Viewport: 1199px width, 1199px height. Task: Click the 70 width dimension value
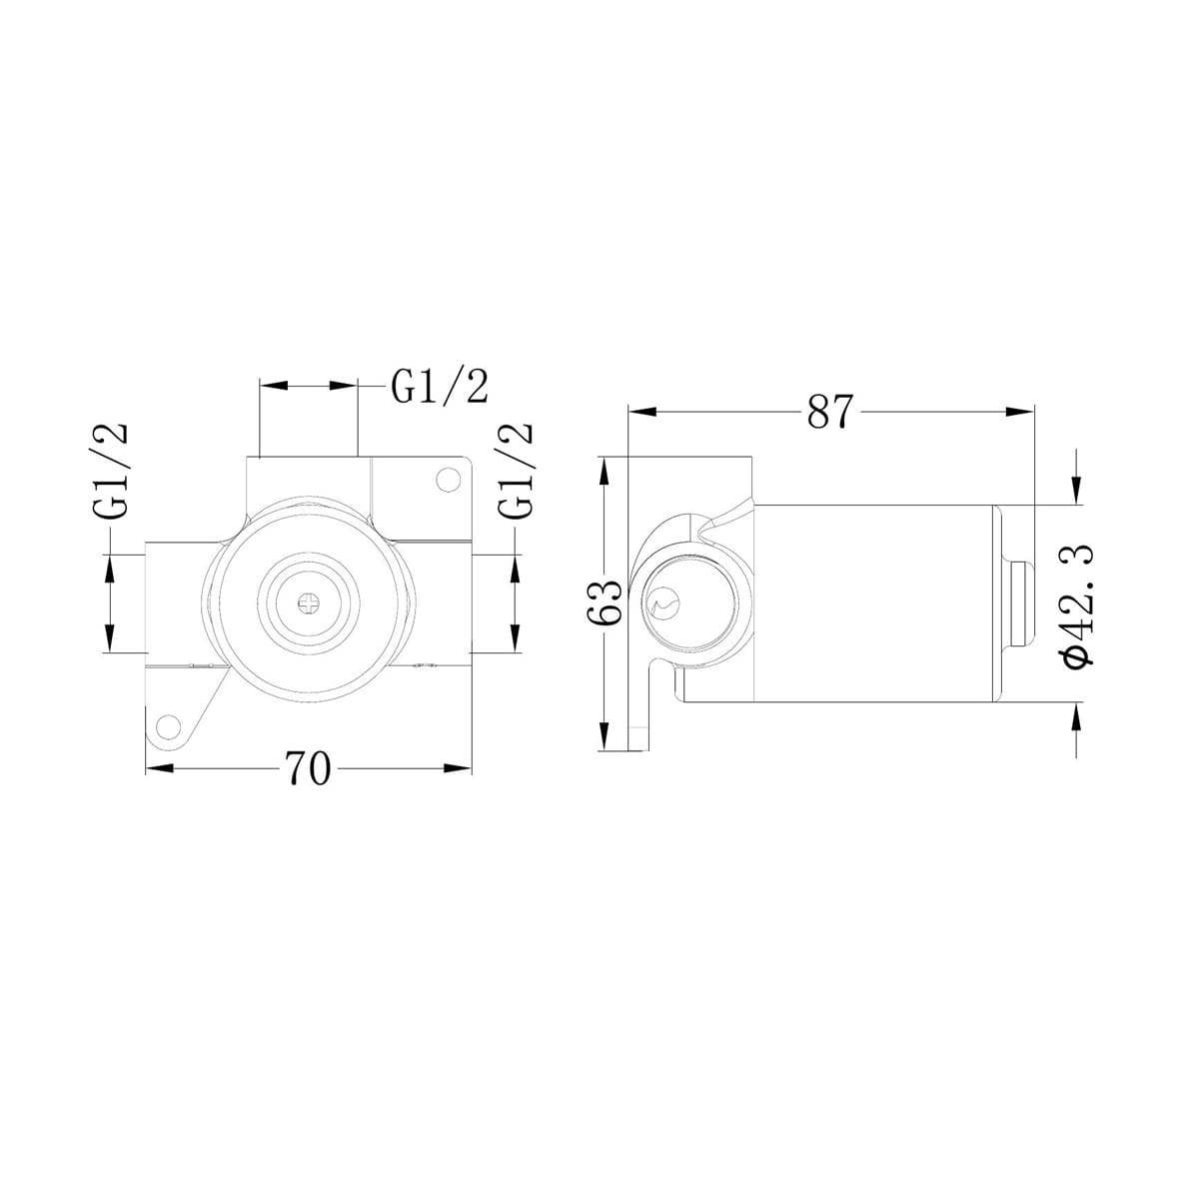pos(307,768)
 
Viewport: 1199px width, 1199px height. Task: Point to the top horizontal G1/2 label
pos(440,387)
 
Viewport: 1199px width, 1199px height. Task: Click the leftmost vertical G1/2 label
pos(112,470)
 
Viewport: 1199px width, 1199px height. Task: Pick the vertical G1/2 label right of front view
pos(516,470)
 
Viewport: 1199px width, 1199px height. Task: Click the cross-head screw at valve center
pos(310,601)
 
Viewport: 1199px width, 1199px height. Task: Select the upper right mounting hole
pos(445,483)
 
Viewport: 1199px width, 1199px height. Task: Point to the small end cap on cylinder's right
pos(1022,603)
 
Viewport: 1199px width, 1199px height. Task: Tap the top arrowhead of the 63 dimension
pos(602,470)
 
